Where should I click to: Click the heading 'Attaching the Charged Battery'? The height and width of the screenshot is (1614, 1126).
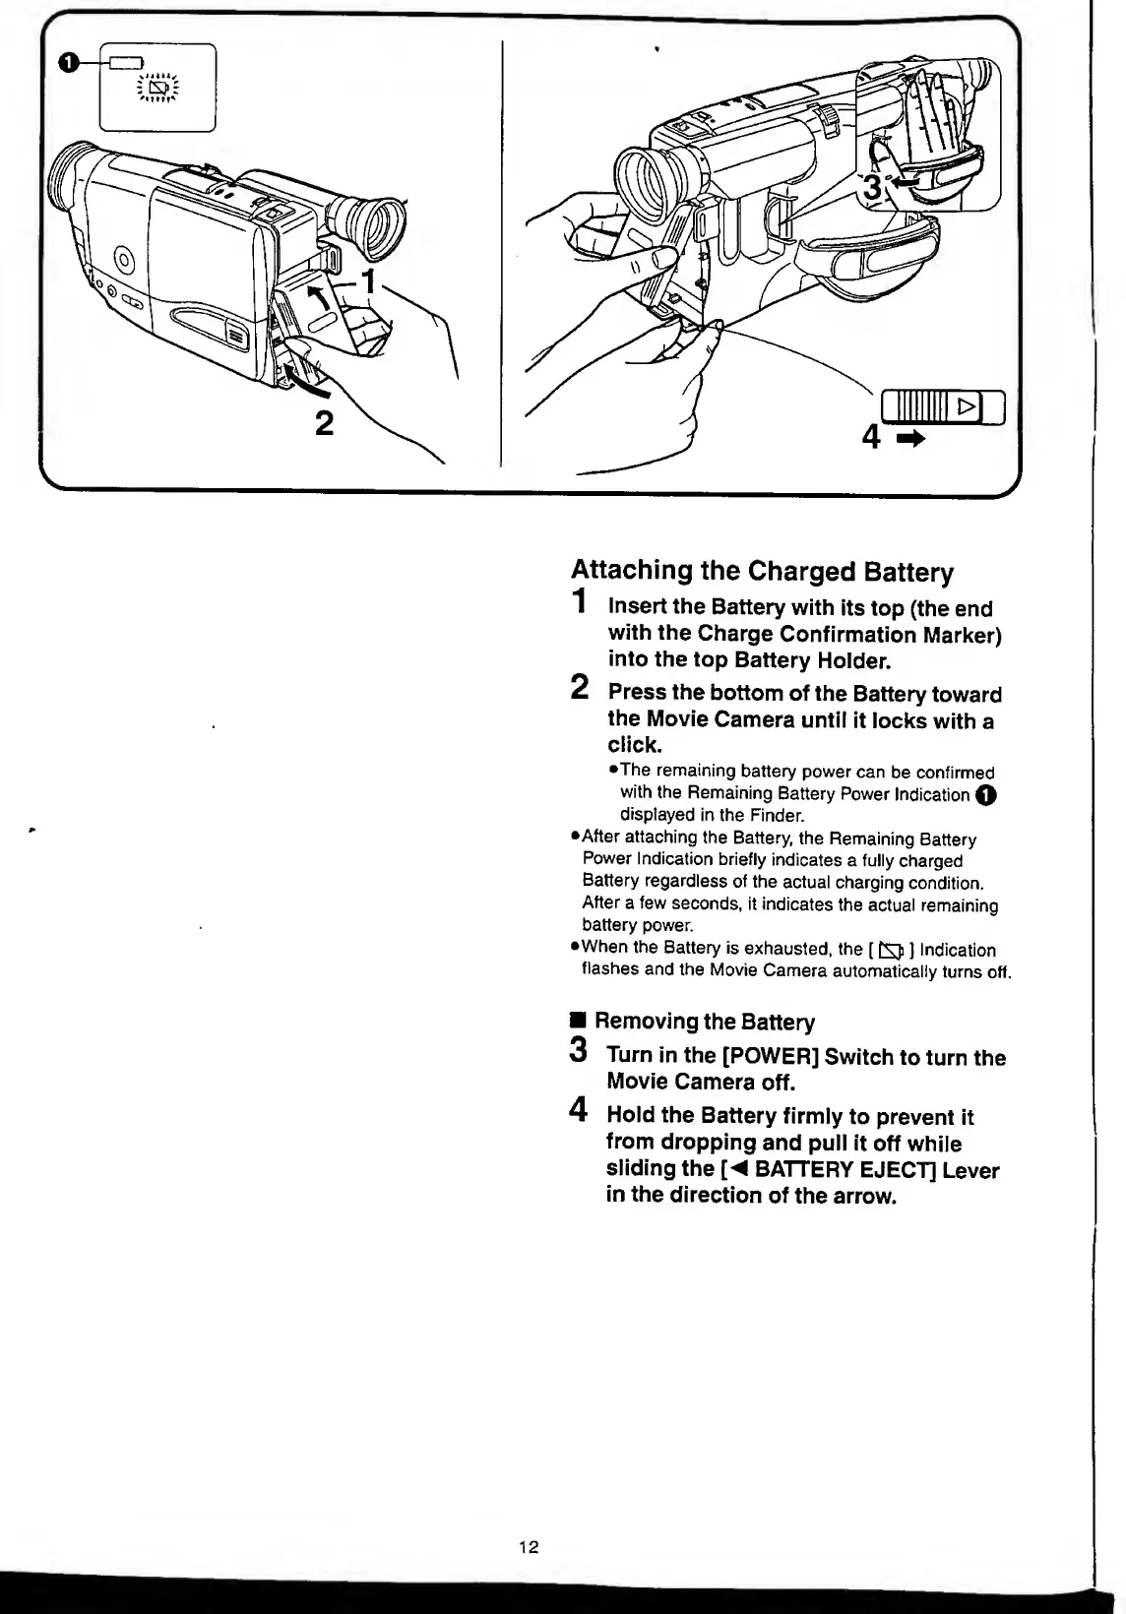click(x=762, y=572)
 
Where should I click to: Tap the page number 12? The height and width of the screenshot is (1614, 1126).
click(x=529, y=1547)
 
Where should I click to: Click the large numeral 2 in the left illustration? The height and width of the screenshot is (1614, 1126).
click(x=323, y=424)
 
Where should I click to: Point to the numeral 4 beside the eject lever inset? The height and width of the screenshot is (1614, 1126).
click(x=871, y=436)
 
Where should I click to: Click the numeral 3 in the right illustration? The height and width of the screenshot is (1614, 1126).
click(x=870, y=186)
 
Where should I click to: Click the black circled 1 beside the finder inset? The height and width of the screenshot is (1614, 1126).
click(x=67, y=64)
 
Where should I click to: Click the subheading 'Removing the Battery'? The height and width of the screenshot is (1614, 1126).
click(x=704, y=1022)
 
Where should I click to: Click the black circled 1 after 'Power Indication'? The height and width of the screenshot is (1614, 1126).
click(x=985, y=795)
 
